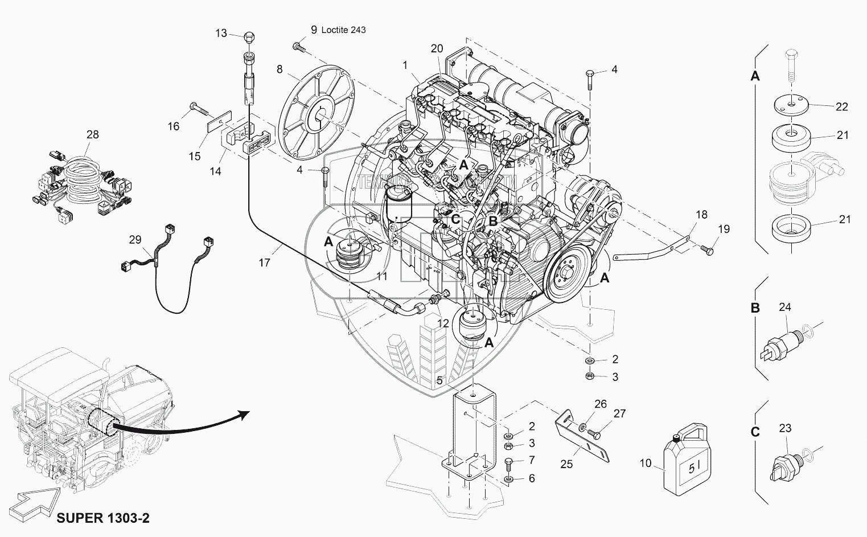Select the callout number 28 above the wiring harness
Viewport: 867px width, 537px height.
tap(92, 134)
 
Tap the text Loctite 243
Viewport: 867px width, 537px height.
tap(344, 30)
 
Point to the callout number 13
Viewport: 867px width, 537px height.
tap(221, 34)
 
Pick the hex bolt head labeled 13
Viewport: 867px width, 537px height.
tap(248, 38)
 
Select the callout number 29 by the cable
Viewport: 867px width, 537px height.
tap(135, 240)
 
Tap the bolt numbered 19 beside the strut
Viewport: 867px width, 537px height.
tap(707, 249)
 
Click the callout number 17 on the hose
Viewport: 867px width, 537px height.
tap(264, 263)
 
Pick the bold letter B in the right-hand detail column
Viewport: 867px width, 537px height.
tap(755, 309)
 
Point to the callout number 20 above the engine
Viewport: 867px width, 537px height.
tap(437, 49)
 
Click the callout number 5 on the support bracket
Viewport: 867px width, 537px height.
tap(439, 380)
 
